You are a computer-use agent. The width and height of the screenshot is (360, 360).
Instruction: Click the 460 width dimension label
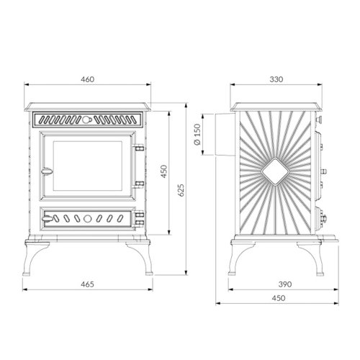click(88, 79)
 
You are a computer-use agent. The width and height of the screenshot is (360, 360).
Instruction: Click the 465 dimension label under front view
click(87, 284)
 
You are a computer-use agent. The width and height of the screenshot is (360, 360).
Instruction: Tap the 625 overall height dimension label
click(181, 190)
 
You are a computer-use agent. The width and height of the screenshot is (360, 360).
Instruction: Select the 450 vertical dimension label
click(164, 171)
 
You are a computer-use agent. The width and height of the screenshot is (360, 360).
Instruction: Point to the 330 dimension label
click(276, 79)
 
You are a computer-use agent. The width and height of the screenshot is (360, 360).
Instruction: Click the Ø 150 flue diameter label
click(197, 135)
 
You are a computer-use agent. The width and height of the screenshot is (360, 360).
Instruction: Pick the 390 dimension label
click(285, 284)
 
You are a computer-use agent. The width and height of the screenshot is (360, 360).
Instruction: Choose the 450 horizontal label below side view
click(279, 298)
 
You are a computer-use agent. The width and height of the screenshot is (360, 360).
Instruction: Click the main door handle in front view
click(47, 171)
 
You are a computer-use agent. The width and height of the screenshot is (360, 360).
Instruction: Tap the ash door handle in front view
click(48, 218)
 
